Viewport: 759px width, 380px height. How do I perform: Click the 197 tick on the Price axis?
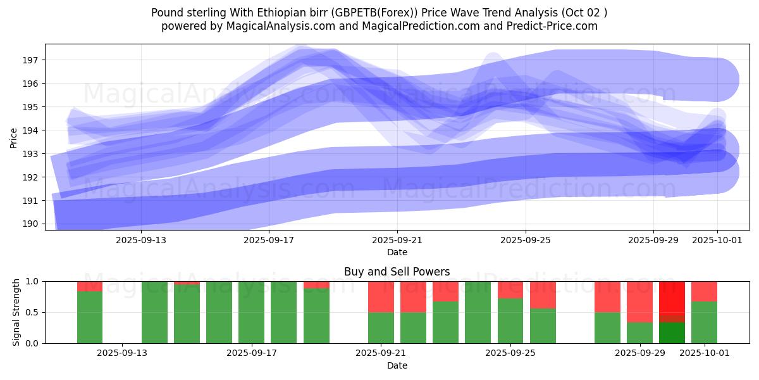pos(31,60)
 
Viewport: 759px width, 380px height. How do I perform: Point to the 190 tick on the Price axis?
pos(31,224)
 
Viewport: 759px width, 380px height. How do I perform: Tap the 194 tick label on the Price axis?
pos(31,130)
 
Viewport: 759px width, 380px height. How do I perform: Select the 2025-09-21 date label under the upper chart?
pos(397,240)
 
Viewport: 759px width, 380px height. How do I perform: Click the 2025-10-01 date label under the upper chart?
pos(717,240)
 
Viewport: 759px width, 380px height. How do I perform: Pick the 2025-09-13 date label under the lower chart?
pos(122,353)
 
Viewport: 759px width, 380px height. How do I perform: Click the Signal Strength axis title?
pos(16,312)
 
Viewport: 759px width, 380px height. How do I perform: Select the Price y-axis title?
pos(14,138)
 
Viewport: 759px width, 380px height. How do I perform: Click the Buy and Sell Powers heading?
pos(397,272)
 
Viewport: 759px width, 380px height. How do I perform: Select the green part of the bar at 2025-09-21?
pos(381,327)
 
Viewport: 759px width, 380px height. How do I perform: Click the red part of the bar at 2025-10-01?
pos(704,291)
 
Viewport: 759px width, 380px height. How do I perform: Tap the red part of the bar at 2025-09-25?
pos(510,289)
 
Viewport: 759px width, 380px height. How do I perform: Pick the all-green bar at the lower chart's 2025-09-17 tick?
pos(251,312)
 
